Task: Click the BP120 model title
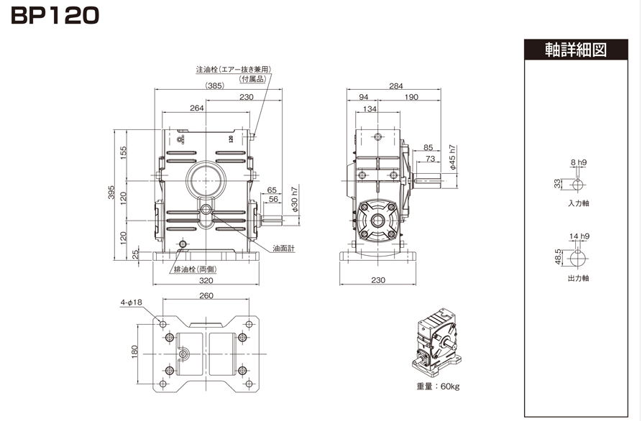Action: click(55, 16)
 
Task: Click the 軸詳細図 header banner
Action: click(576, 50)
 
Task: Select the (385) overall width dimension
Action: click(214, 85)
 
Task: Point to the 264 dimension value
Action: click(196, 108)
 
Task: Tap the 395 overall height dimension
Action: click(111, 193)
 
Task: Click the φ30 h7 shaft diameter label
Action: click(295, 199)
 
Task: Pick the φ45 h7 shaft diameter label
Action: click(452, 157)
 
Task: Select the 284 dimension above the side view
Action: click(396, 86)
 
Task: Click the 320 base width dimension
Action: click(206, 280)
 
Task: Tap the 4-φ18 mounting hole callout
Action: click(131, 302)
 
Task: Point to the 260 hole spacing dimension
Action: click(206, 295)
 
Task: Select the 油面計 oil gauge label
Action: click(284, 249)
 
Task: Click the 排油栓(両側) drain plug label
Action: click(196, 269)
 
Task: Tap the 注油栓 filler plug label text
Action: click(207, 70)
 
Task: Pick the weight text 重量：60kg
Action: click(438, 387)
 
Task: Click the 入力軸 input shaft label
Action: click(578, 203)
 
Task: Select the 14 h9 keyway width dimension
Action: click(579, 236)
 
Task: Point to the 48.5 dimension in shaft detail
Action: click(558, 257)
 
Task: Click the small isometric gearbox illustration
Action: click(437, 343)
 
